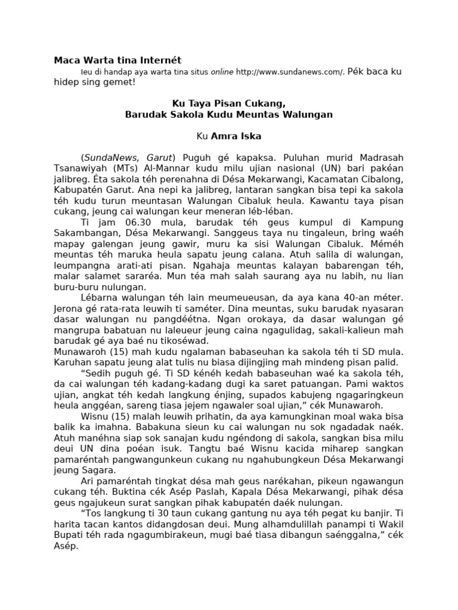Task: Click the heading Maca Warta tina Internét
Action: (x=117, y=60)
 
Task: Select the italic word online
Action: (x=221, y=72)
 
